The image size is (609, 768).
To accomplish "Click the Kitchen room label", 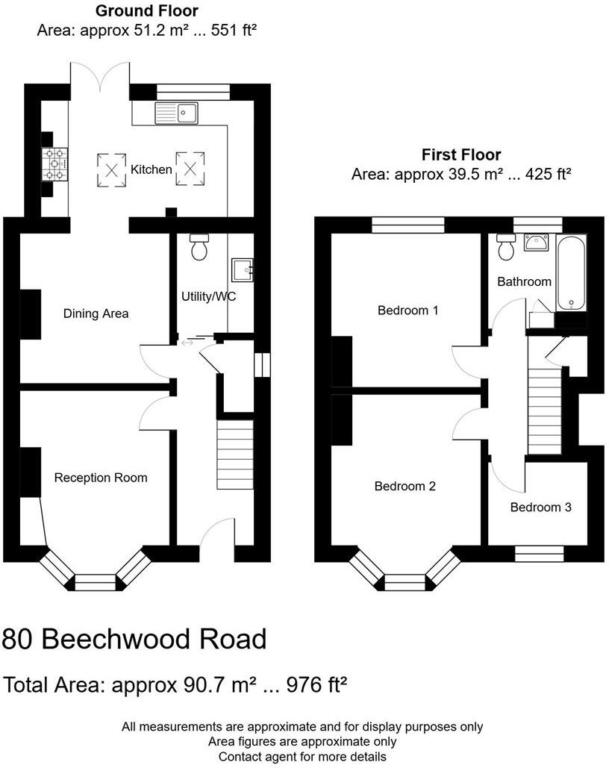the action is click(151, 169).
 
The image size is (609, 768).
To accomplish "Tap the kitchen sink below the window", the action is click(176, 113).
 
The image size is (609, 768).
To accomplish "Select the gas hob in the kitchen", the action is click(55, 164).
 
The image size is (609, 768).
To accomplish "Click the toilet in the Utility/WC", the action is click(199, 246).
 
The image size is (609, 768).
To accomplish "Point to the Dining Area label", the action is click(96, 313).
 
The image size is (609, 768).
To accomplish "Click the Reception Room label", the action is click(101, 478).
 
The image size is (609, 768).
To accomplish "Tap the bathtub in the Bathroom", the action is click(571, 273).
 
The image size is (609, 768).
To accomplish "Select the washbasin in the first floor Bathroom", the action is click(537, 242).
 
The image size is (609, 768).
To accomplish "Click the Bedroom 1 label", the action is click(407, 310).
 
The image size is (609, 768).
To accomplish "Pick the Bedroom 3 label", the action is click(541, 507).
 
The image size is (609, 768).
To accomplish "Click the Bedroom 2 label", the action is click(405, 486).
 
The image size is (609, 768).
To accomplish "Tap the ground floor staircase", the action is click(235, 454).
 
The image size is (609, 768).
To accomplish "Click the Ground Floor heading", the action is click(147, 10).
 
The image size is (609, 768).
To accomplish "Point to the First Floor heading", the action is click(461, 154).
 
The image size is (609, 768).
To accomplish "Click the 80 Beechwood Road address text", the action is click(134, 639).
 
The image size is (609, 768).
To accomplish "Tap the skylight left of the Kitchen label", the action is click(112, 170).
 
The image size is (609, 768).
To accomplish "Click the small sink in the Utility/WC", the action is click(243, 270).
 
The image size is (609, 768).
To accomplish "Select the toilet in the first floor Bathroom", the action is click(505, 246).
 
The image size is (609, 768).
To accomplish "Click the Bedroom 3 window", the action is click(540, 554).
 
